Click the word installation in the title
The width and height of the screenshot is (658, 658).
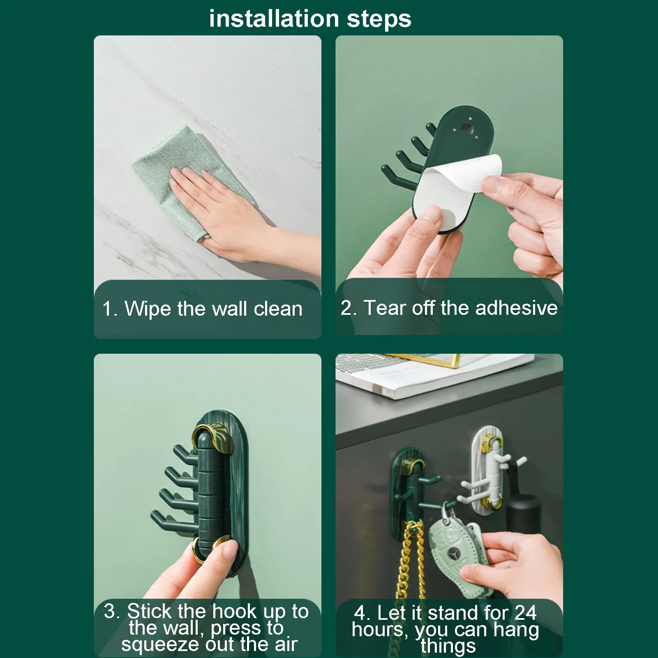pos(274,19)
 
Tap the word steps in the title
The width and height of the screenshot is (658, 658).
pos(379,20)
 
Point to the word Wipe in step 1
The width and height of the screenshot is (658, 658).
pos(147,309)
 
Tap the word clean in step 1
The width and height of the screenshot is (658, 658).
pos(278,309)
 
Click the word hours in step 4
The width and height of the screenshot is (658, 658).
pos(379,629)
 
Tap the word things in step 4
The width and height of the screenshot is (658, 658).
pos(448,646)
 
